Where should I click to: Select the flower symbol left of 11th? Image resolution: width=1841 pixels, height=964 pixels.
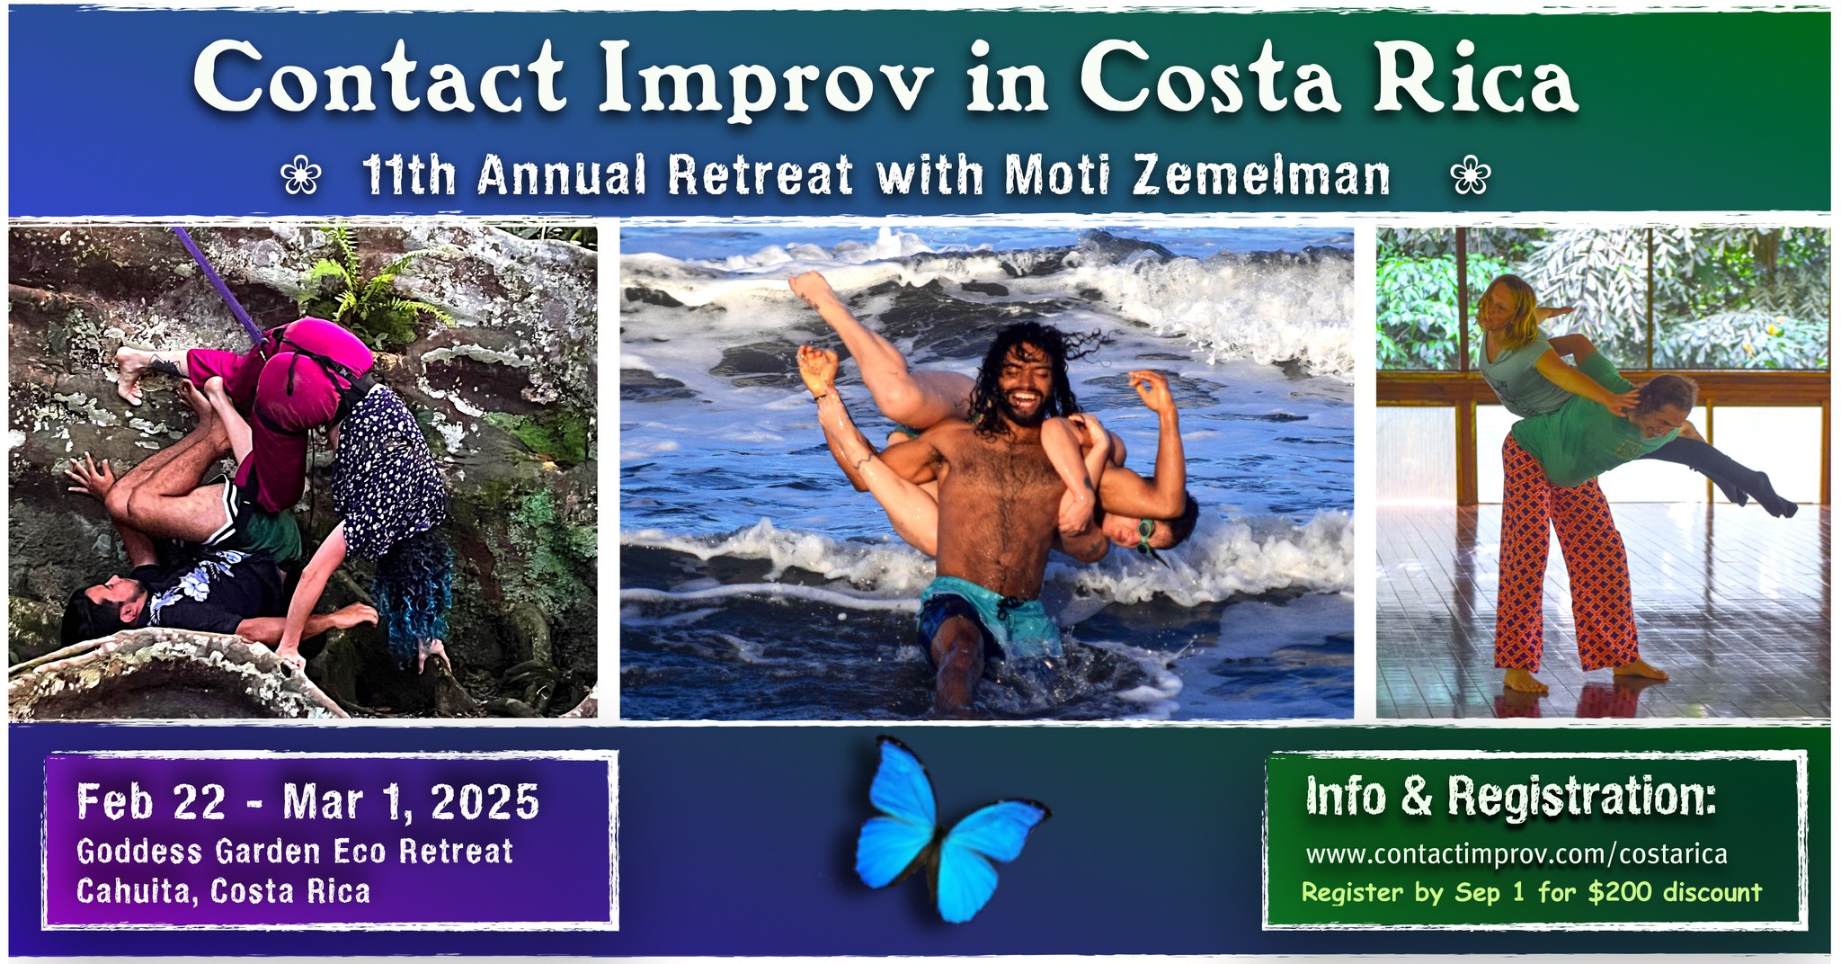(x=300, y=175)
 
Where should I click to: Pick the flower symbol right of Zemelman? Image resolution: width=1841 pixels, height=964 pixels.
(x=1471, y=175)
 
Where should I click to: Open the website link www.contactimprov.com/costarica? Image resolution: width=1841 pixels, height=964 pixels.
(x=1516, y=853)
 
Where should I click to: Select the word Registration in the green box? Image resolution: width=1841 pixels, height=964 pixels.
(x=1582, y=797)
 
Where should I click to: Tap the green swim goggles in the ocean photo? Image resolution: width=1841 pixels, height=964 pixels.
(x=1145, y=537)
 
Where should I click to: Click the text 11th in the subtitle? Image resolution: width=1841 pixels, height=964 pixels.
(x=409, y=175)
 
